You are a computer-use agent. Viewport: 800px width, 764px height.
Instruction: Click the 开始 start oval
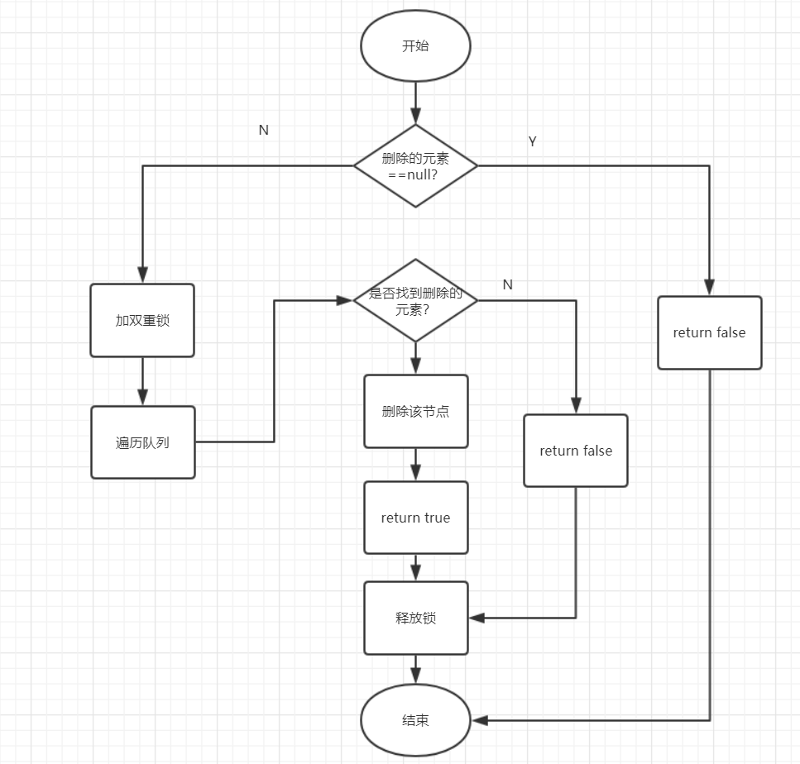[x=415, y=46]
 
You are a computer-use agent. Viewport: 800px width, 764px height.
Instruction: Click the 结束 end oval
[x=415, y=720]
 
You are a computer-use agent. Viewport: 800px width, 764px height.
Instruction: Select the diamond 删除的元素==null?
[x=415, y=165]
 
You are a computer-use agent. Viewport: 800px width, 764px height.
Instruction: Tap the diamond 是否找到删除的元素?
[x=415, y=300]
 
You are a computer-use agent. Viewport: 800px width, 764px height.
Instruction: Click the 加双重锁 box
[x=142, y=321]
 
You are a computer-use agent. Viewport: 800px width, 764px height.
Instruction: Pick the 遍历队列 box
[x=142, y=442]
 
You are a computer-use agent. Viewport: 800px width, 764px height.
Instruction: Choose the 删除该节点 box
[x=415, y=411]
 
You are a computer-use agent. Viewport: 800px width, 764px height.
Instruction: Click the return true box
[x=415, y=518]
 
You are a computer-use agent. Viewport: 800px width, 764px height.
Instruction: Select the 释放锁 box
[x=415, y=618]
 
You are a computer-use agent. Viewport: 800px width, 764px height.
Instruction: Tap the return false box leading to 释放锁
[x=576, y=451]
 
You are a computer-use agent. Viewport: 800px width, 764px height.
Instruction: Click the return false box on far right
[x=709, y=332]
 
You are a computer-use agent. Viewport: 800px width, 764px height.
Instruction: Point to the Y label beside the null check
[x=532, y=142]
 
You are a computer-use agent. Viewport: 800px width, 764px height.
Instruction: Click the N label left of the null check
[x=264, y=131]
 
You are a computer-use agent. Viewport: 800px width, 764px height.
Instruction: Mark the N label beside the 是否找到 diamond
[x=508, y=285]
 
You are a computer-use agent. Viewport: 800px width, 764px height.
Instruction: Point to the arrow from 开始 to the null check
[x=415, y=104]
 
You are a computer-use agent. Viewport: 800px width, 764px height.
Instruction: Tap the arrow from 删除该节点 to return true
[x=415, y=465]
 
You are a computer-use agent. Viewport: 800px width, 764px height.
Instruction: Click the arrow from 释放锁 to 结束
[x=415, y=669]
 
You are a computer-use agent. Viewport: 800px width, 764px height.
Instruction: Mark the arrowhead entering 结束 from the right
[x=478, y=720]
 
